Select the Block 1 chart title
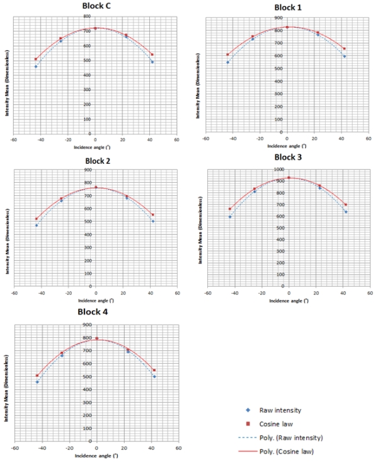click(288, 8)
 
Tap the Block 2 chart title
click(95, 161)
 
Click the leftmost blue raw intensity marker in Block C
click(36, 66)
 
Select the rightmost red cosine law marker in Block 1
click(344, 49)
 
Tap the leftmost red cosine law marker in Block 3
click(230, 209)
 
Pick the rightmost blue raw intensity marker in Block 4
click(154, 376)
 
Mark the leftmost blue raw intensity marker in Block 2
click(37, 225)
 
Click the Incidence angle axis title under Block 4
click(95, 454)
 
